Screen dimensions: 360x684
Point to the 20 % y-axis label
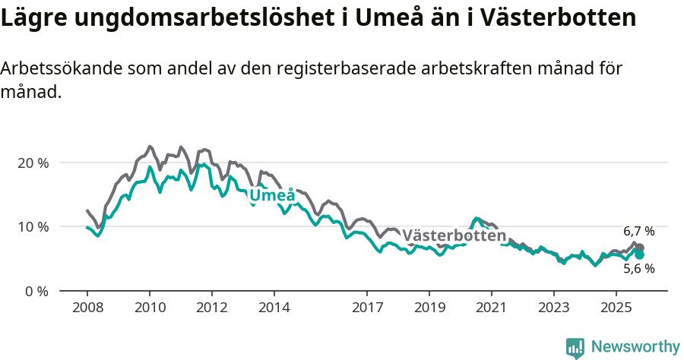click(33, 163)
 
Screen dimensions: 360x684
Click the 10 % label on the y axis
click(33, 226)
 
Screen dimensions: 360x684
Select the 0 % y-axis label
click(37, 290)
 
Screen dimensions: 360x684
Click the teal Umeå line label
click(273, 196)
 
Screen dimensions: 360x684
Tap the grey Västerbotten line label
click(454, 235)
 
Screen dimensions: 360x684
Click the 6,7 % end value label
click(638, 231)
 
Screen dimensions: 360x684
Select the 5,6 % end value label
click(638, 268)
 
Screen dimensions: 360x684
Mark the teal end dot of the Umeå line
click(639, 255)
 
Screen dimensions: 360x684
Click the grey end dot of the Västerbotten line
click(639, 248)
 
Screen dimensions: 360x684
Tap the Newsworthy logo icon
click(575, 348)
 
